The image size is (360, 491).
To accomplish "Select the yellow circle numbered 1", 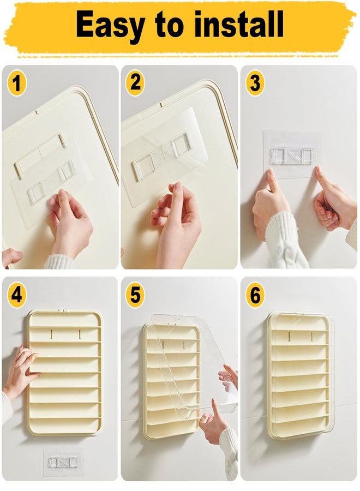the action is click(x=16, y=83).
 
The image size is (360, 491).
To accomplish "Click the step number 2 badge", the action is click(x=135, y=83).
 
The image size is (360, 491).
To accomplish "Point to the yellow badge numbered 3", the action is click(x=255, y=83).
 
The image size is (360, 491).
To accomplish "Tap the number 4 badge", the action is click(x=16, y=295).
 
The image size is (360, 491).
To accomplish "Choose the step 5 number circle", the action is click(x=135, y=295).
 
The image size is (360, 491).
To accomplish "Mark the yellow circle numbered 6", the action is click(x=255, y=295).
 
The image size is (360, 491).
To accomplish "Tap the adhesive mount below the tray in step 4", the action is click(x=63, y=462).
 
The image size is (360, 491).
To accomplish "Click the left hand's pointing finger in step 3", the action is click(x=272, y=181).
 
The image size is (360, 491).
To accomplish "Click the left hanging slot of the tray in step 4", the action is click(x=51, y=334).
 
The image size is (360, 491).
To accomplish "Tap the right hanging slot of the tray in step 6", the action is click(x=312, y=337).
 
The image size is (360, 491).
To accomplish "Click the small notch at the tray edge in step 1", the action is click(x=37, y=112).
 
